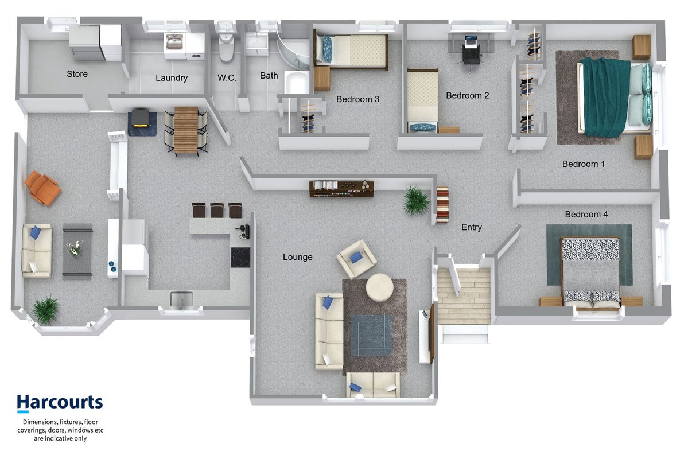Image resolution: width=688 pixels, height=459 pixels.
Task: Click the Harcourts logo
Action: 60,403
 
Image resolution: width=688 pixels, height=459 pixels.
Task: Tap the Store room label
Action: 77,74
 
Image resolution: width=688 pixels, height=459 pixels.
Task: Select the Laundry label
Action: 172,78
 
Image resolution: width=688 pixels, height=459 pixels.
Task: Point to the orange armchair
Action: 42,188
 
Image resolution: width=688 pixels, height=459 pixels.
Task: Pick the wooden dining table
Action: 186,130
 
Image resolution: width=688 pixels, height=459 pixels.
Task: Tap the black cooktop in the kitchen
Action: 240,258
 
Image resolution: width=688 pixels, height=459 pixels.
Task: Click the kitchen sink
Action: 182,299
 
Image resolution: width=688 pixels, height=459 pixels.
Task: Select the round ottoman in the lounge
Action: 379,287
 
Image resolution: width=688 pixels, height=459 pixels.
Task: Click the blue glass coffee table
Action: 371,335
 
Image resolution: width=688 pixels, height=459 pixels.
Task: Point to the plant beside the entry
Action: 416,201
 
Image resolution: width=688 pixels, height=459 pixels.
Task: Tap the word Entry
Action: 472,227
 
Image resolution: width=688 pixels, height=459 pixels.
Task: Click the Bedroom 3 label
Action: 357,99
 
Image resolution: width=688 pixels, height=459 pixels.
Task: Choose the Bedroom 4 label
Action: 586,215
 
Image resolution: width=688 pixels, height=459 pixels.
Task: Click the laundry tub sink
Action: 174,42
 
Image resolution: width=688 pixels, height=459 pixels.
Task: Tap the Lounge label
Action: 297,257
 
